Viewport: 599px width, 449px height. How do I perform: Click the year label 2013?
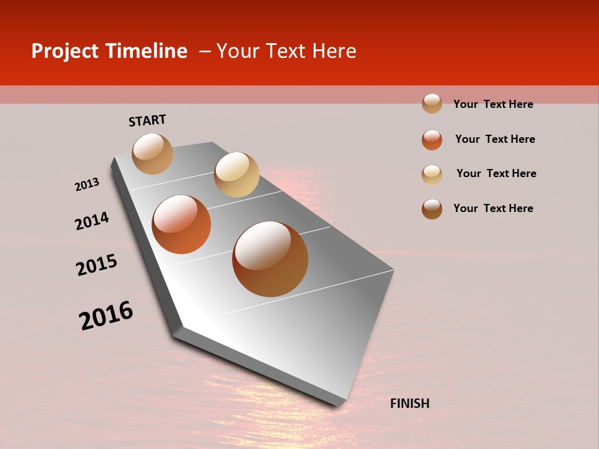[x=87, y=185]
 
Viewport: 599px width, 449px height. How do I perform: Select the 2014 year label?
[x=92, y=221]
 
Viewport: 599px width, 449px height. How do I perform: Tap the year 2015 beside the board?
[x=97, y=265]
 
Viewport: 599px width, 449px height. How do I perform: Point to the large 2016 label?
[x=106, y=316]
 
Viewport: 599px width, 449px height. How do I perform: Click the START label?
[x=147, y=120]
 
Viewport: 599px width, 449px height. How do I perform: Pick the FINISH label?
[x=409, y=403]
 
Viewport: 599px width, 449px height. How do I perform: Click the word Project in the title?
[x=65, y=51]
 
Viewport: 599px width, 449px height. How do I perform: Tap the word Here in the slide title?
[x=334, y=51]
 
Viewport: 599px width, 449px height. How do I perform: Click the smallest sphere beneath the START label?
[x=152, y=153]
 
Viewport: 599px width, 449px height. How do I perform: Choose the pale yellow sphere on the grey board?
[x=236, y=175]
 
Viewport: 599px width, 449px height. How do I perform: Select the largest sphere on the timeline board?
[x=270, y=259]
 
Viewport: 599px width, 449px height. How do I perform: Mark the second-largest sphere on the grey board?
[x=182, y=224]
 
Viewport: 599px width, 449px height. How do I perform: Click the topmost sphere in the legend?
[x=432, y=104]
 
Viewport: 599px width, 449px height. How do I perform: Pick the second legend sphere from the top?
[x=432, y=140]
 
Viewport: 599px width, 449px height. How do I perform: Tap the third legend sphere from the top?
[x=432, y=175]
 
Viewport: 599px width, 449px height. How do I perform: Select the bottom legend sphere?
[x=432, y=209]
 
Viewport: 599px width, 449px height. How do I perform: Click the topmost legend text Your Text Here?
[x=493, y=104]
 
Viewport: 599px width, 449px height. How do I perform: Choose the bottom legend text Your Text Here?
[x=493, y=208]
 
